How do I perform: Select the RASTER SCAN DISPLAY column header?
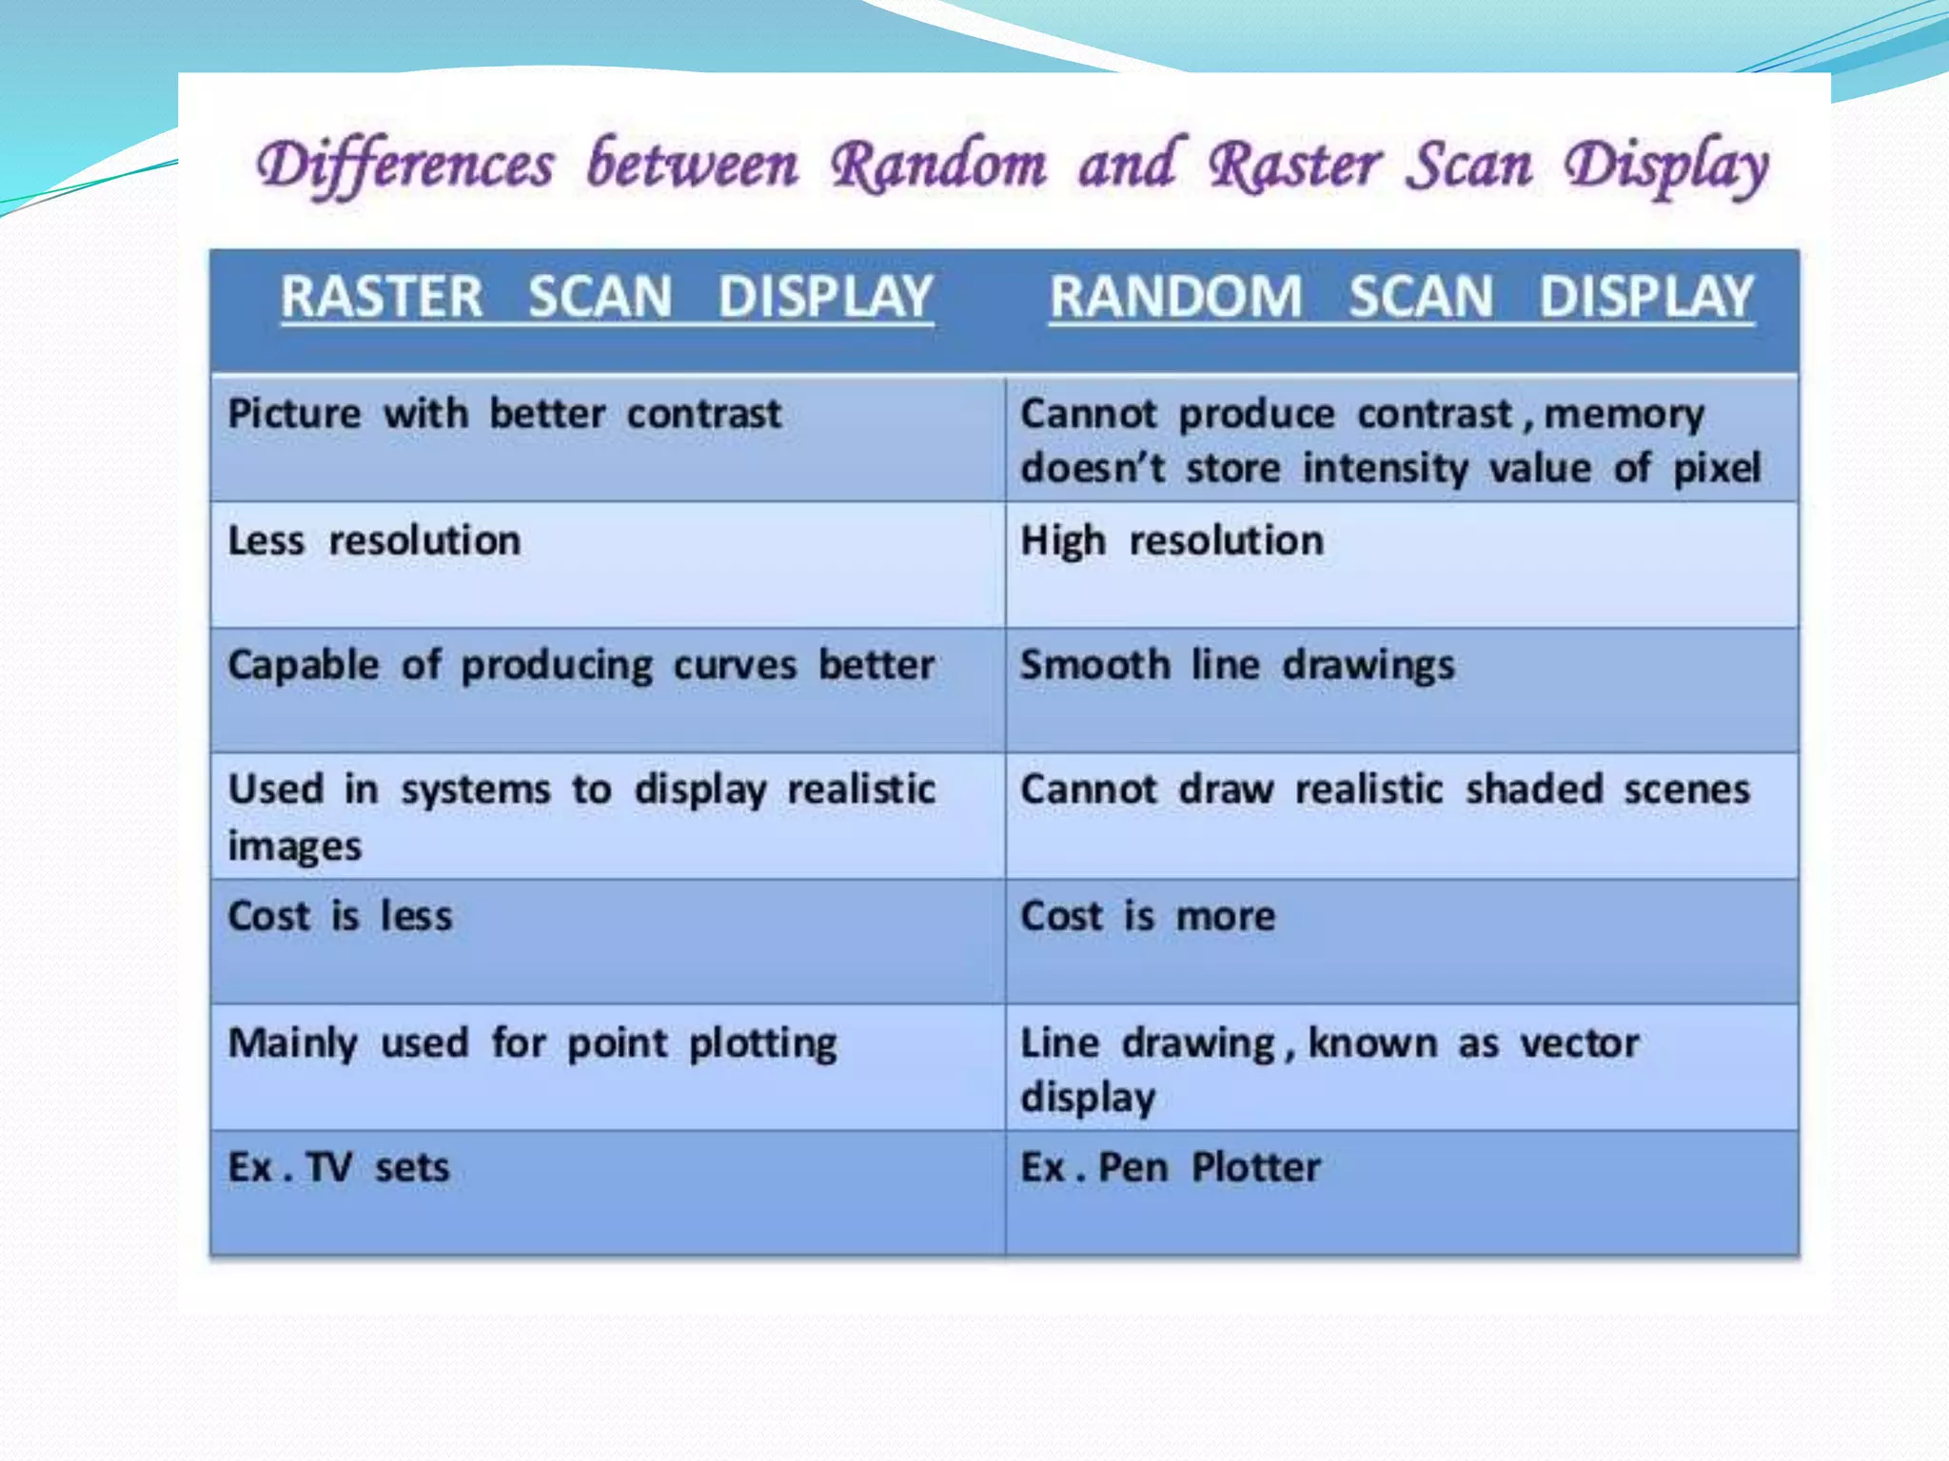click(x=607, y=297)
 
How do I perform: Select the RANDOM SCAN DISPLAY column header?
click(x=1401, y=297)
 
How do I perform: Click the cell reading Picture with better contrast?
click(x=504, y=415)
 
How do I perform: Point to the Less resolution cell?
click(x=374, y=541)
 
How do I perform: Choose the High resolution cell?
click(x=1171, y=541)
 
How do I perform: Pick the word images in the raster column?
click(x=295, y=847)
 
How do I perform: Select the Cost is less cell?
click(x=340, y=917)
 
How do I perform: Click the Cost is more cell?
click(x=1148, y=917)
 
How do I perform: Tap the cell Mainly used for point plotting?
click(x=533, y=1043)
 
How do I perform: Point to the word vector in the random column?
click(x=1580, y=1043)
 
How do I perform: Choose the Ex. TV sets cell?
click(x=338, y=1168)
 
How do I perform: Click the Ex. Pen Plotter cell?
click(x=1171, y=1168)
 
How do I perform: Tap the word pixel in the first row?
click(x=1717, y=469)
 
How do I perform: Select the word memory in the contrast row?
click(x=1624, y=416)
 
